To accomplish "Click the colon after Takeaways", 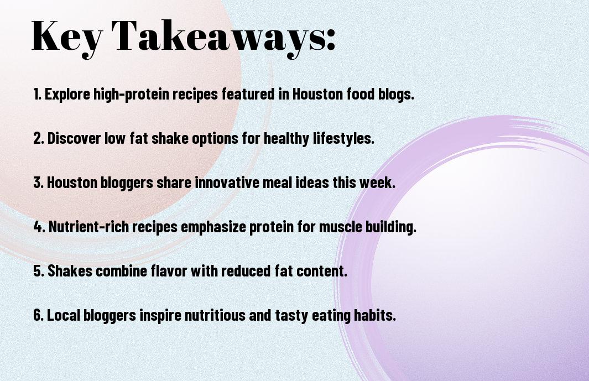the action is [x=331, y=40].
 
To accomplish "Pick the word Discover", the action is [x=74, y=138].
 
